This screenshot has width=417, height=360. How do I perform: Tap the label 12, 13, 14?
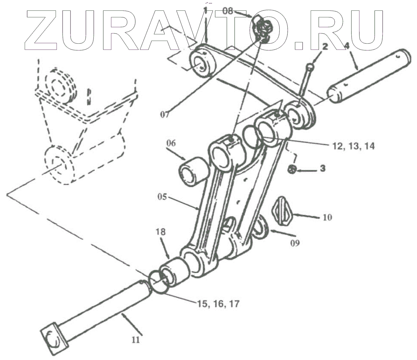(x=352, y=146)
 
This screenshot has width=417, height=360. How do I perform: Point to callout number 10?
(x=327, y=217)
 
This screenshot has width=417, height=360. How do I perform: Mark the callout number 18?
(x=163, y=232)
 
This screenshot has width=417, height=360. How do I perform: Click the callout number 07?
(x=165, y=113)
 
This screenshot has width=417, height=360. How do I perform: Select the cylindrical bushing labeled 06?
(x=193, y=169)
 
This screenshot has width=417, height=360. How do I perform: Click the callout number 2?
(x=324, y=46)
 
